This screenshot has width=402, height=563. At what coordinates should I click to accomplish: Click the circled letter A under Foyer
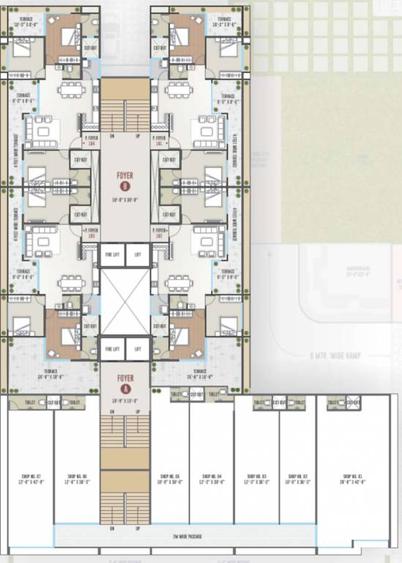click(x=125, y=389)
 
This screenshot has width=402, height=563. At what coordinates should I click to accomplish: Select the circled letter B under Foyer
click(x=125, y=187)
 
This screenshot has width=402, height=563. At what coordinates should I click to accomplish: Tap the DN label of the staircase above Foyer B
click(x=112, y=136)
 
